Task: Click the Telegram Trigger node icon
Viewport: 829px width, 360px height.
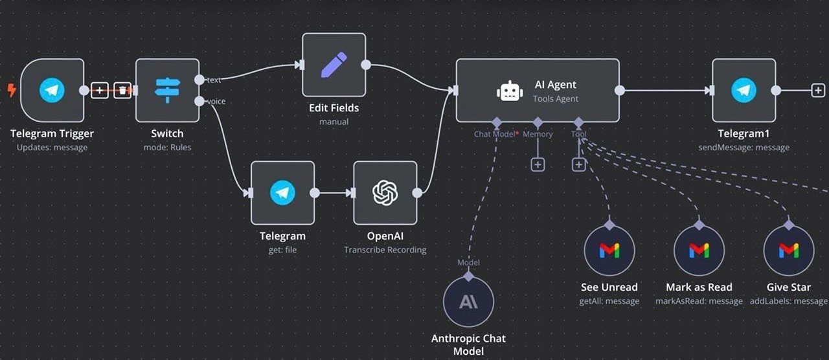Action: pyautogui.click(x=52, y=91)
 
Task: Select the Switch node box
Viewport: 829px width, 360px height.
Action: pyautogui.click(x=167, y=91)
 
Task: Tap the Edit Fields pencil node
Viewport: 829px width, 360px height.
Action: pyautogui.click(x=334, y=65)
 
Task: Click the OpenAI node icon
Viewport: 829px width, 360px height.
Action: pyautogui.click(x=385, y=192)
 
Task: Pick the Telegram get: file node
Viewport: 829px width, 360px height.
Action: pyautogui.click(x=282, y=192)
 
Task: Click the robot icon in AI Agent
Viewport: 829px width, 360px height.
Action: pyautogui.click(x=510, y=91)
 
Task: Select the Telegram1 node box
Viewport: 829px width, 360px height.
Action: pyautogui.click(x=744, y=91)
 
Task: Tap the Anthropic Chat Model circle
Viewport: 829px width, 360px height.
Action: pyautogui.click(x=468, y=302)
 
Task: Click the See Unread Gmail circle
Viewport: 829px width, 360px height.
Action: pyautogui.click(x=609, y=250)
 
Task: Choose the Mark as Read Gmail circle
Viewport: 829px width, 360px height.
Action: pyautogui.click(x=699, y=250)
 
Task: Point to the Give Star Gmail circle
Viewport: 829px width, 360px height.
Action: pyautogui.click(x=788, y=250)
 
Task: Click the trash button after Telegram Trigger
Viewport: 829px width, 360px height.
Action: pyautogui.click(x=122, y=91)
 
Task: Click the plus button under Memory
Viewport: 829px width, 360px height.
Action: pyautogui.click(x=538, y=164)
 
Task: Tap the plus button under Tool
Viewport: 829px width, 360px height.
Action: pyautogui.click(x=579, y=164)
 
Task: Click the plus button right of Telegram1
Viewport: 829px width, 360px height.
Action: pyautogui.click(x=818, y=91)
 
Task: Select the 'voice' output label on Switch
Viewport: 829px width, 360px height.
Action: pyautogui.click(x=216, y=101)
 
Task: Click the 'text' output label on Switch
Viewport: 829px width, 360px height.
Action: pyautogui.click(x=214, y=80)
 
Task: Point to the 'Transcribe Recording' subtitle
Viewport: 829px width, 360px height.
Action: pyautogui.click(x=385, y=250)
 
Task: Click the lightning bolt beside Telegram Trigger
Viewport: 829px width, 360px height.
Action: pyautogui.click(x=12, y=90)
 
